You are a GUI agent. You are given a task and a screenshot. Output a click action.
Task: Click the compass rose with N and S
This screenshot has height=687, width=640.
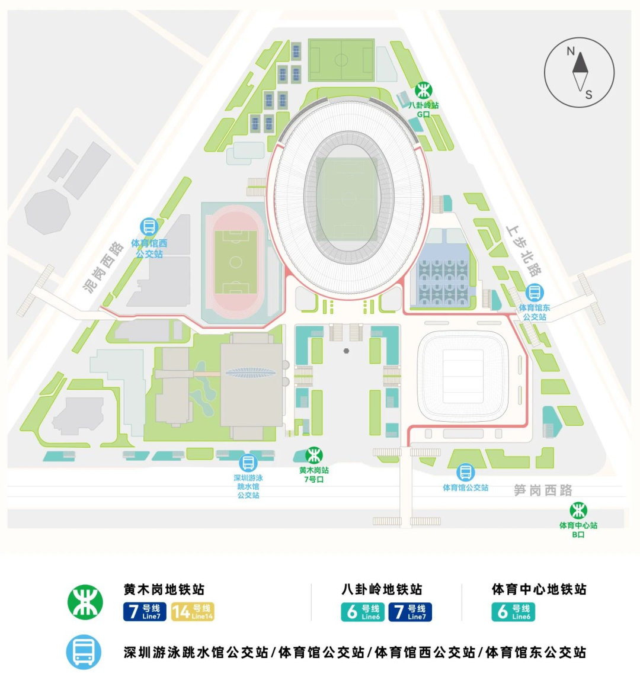coord(579,72)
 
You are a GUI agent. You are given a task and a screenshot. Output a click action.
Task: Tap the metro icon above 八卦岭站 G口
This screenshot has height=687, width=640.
coord(423,91)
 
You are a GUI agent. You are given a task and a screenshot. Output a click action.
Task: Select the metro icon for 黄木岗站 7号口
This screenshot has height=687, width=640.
coord(313,455)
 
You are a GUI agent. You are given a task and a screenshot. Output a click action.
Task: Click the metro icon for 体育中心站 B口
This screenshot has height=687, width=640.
coord(578,510)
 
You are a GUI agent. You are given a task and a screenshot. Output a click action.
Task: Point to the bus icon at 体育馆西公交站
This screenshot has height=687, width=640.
coord(149,227)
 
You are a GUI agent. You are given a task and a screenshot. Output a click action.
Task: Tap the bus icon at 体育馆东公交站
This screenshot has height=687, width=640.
coord(535,293)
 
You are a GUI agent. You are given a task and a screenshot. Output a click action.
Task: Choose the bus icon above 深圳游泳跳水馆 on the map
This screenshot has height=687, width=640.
coord(248,463)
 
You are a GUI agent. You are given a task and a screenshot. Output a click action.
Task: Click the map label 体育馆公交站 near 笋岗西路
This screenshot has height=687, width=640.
coord(466,488)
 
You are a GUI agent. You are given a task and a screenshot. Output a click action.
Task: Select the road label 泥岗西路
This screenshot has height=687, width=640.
coord(104,267)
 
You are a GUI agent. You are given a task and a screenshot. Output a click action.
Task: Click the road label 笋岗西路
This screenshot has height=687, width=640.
coord(543,490)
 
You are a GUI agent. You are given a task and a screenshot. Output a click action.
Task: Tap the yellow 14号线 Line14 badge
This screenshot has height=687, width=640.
coord(193,611)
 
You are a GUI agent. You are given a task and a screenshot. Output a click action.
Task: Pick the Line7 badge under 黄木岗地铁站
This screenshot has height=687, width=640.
coord(145,611)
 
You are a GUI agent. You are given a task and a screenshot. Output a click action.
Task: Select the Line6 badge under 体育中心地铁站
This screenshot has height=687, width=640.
coord(513,611)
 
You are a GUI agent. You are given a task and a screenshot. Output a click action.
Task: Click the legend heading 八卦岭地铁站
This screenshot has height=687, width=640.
coord(382,589)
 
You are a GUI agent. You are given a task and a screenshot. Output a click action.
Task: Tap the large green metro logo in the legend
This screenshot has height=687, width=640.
coord(84,602)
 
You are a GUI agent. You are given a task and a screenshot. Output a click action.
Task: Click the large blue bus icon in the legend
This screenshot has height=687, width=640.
coord(84,652)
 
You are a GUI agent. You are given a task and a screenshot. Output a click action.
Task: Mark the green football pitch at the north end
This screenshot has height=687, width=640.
coord(341,60)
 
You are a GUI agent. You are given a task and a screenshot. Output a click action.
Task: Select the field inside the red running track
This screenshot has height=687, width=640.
coord(236,262)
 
